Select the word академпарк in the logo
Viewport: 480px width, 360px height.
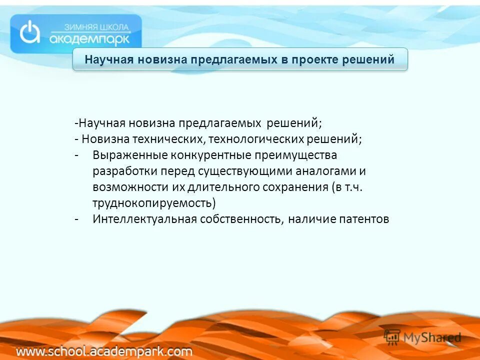pyautogui.click(x=90, y=38)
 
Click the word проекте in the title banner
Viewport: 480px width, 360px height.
pyautogui.click(x=316, y=60)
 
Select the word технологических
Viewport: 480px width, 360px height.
pyautogui.click(x=256, y=138)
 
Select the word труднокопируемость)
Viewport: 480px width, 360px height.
pyautogui.click(x=154, y=203)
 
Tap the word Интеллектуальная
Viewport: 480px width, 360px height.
pyautogui.click(x=144, y=219)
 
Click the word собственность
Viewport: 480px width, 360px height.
pyautogui.click(x=242, y=219)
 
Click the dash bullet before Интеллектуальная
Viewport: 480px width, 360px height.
pyautogui.click(x=76, y=219)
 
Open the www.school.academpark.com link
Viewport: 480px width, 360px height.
pyautogui.click(x=104, y=351)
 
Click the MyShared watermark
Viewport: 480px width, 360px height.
pyautogui.click(x=422, y=337)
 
